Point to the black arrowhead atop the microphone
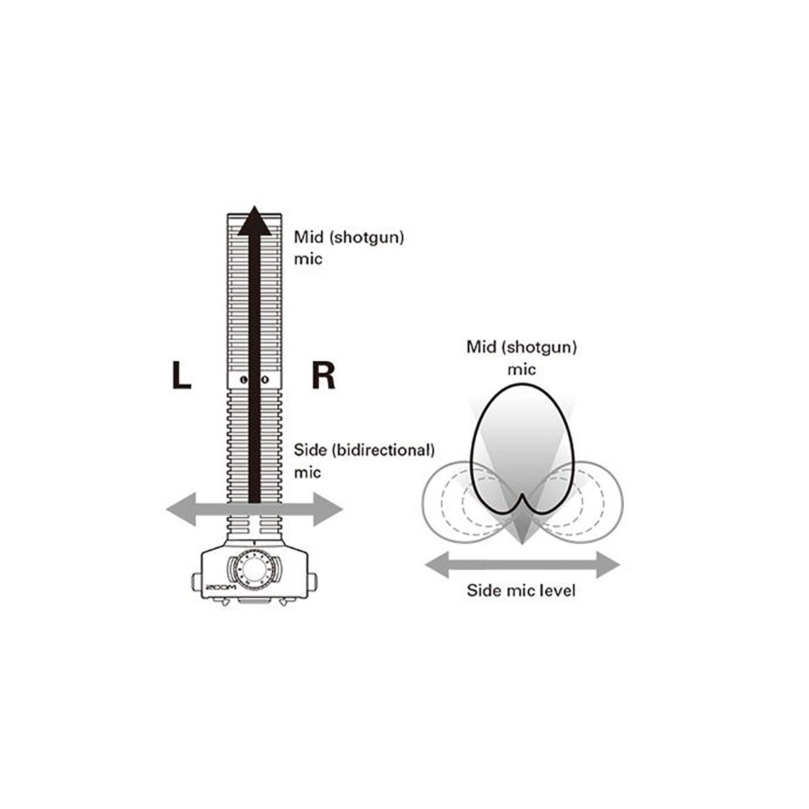point(254,220)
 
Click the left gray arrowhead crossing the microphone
point(181,509)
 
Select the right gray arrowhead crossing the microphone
point(328,509)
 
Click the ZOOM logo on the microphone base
point(221,587)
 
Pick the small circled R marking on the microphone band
point(264,380)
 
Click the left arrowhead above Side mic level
point(438,565)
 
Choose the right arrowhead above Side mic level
point(608,565)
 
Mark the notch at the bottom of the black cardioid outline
point(522,495)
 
